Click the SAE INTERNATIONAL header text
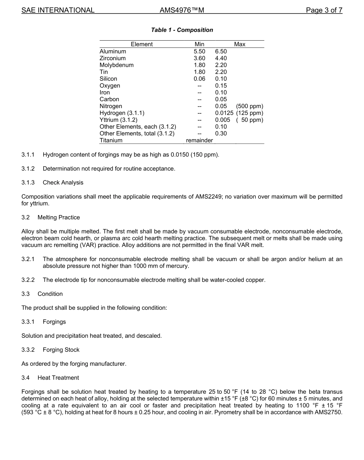(58, 10)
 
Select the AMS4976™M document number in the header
(182, 10)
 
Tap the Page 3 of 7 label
(324, 10)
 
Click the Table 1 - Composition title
(182, 30)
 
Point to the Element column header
(142, 44)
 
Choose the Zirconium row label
(112, 58)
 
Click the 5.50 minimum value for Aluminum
(199, 51)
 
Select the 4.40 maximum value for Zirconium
(221, 58)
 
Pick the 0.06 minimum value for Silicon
(199, 79)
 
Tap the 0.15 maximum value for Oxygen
(221, 85)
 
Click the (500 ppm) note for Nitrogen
(249, 106)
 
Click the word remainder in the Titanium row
(199, 140)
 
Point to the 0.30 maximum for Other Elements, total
(221, 133)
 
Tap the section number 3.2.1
(28, 259)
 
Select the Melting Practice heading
(59, 217)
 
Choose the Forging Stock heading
(61, 350)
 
